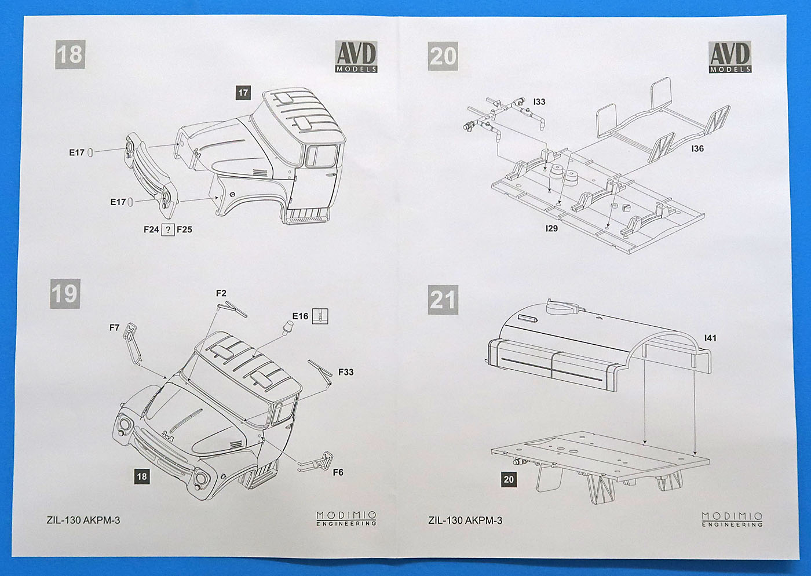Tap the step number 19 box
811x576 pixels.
pyautogui.click(x=64, y=294)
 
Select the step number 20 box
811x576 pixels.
pyautogui.click(x=443, y=56)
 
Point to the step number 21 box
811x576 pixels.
pyautogui.click(x=443, y=300)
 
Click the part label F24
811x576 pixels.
pyautogui.click(x=151, y=229)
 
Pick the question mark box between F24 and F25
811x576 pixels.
pyautogui.click(x=168, y=229)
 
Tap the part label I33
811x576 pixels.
pyautogui.click(x=539, y=102)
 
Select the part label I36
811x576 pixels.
pyautogui.click(x=697, y=149)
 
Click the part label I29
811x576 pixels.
pyautogui.click(x=551, y=228)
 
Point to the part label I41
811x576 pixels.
pyautogui.click(x=710, y=338)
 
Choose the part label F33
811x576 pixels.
pyautogui.click(x=346, y=372)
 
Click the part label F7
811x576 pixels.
pyautogui.click(x=114, y=328)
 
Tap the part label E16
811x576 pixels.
pyautogui.click(x=300, y=316)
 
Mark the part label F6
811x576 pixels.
pyautogui.click(x=338, y=472)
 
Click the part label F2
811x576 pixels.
pyautogui.click(x=221, y=294)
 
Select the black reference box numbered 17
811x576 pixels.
pyautogui.click(x=243, y=92)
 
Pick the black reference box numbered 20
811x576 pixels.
pyautogui.click(x=508, y=479)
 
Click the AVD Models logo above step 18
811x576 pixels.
pyautogui.click(x=356, y=57)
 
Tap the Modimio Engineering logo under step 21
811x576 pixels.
pyautogui.click(x=732, y=519)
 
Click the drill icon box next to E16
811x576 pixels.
pyautogui.click(x=320, y=316)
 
